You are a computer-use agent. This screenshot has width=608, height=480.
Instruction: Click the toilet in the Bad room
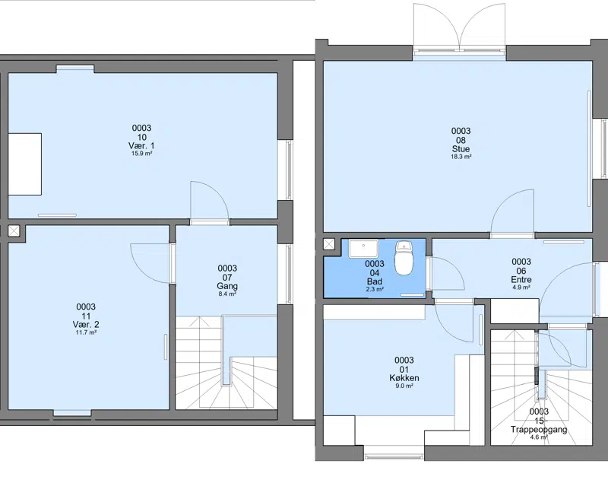[x=404, y=258]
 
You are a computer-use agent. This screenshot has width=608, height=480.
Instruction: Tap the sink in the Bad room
[x=363, y=249]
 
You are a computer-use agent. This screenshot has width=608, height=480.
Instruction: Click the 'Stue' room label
[x=461, y=149]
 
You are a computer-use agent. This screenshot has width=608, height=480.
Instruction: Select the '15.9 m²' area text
[x=141, y=154]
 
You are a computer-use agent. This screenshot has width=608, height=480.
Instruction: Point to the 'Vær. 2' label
[x=86, y=324]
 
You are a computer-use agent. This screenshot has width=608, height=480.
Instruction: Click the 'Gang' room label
[x=227, y=286]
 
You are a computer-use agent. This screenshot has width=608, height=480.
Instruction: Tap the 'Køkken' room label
[x=404, y=378]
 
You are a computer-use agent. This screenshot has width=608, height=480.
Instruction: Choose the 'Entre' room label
[x=521, y=280]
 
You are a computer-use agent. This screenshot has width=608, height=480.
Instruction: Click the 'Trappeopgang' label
[x=539, y=430]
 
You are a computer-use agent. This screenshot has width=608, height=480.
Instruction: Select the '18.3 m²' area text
[x=461, y=157]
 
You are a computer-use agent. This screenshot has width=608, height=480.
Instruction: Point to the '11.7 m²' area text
[x=86, y=332]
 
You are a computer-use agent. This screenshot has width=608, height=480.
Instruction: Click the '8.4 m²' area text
[x=227, y=294]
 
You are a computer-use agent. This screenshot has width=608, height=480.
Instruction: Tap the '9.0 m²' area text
[x=404, y=386]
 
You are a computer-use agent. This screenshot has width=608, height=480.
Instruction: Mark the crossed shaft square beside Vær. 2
[x=14, y=231]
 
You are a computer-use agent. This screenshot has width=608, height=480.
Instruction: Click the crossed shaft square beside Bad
[x=329, y=244]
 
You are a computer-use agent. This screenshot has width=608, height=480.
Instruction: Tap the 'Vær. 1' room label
[x=141, y=145]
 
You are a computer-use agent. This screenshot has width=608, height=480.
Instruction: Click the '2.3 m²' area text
[x=375, y=290]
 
